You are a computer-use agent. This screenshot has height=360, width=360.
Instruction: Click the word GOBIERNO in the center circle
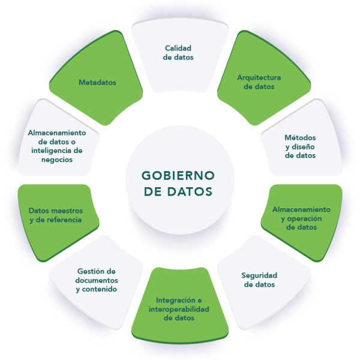click(x=178, y=176)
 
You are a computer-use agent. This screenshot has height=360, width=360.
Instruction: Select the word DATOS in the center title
click(x=190, y=192)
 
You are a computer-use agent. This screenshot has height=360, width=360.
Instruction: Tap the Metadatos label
click(x=97, y=82)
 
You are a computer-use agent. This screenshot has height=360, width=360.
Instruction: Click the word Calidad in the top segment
click(x=178, y=48)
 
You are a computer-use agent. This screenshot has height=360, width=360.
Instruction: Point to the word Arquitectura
click(x=259, y=78)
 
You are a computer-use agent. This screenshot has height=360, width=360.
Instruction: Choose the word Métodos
click(x=301, y=137)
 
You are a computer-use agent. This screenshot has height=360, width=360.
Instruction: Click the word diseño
click(x=303, y=147)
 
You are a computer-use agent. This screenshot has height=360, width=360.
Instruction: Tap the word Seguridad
click(x=259, y=275)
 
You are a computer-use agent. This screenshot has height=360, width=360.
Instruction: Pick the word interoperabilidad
click(x=179, y=309)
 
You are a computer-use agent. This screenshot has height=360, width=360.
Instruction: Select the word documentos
click(x=97, y=280)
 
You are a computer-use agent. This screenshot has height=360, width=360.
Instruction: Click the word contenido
click(x=100, y=289)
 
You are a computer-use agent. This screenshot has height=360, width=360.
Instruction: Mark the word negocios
click(x=57, y=160)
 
